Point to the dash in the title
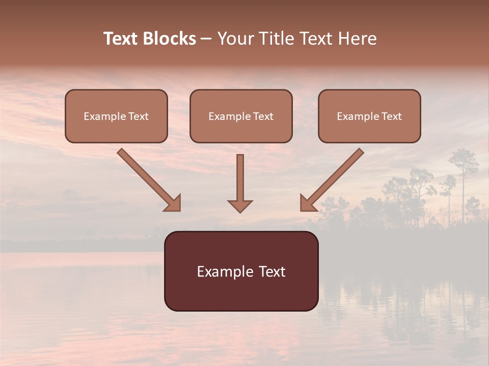207,39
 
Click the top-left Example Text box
116,116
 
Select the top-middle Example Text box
241,116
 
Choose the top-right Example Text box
369,116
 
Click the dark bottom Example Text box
241,271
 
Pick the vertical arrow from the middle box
240,180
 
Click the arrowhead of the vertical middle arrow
240,205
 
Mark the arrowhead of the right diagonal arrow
307,204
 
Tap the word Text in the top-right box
392,116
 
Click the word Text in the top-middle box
263,116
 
